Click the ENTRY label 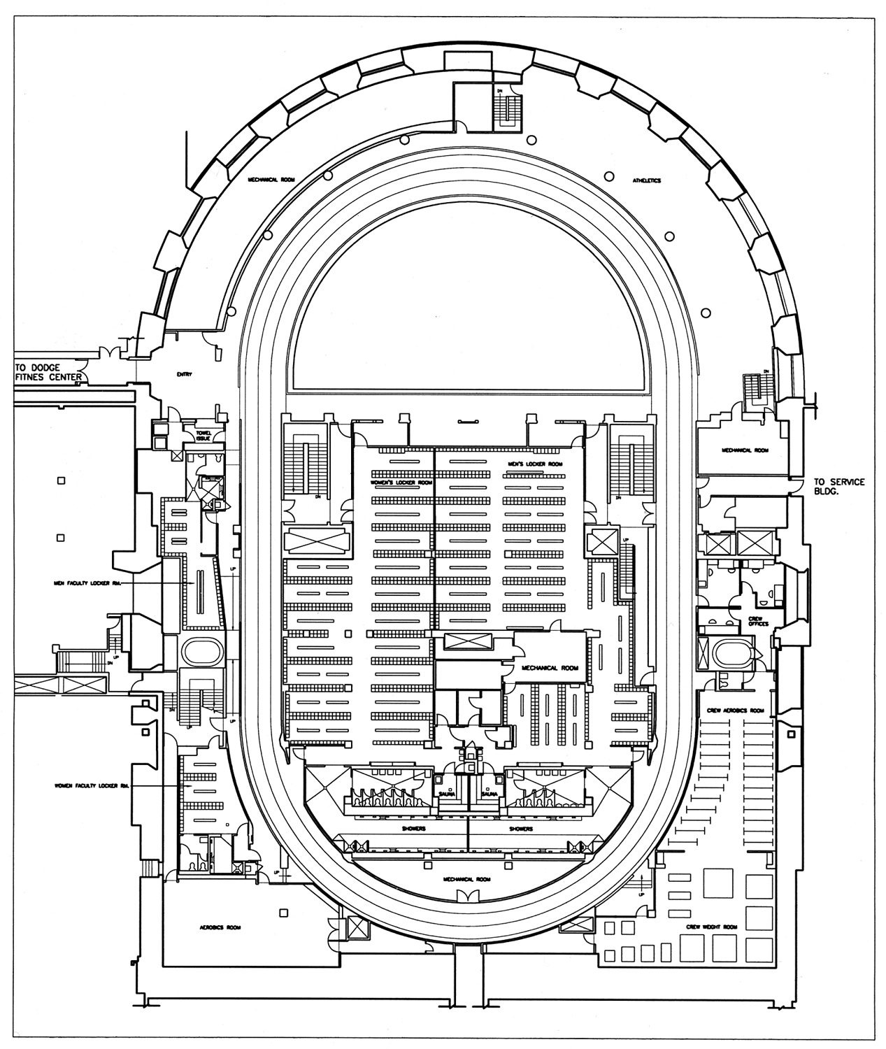(185, 375)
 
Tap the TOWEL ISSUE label (203, 435)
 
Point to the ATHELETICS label (647, 180)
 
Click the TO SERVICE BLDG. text (839, 487)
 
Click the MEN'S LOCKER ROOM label (535, 464)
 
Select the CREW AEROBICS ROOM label (736, 711)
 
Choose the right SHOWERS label (520, 829)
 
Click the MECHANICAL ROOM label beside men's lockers (550, 668)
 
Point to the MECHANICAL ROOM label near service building (745, 450)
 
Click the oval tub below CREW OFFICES (734, 654)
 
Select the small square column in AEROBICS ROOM (283, 913)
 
